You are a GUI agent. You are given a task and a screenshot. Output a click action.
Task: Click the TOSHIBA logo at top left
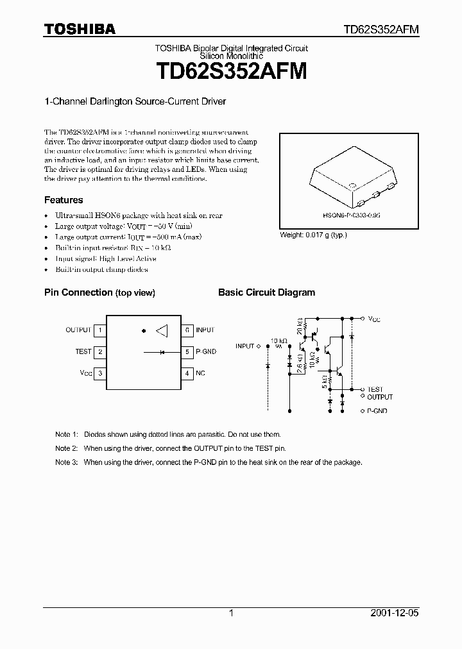[80, 29]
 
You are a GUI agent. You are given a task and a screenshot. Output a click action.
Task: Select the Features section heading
[64, 200]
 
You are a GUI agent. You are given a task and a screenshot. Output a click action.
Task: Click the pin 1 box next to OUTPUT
[99, 330]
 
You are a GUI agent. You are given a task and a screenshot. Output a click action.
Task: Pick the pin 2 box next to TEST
[99, 351]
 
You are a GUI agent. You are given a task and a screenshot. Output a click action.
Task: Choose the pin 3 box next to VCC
[99, 373]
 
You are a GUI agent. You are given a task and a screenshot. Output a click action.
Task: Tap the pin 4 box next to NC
[187, 373]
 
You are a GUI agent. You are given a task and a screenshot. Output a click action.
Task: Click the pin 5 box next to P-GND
[187, 351]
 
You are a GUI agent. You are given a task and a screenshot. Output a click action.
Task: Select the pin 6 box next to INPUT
[187, 330]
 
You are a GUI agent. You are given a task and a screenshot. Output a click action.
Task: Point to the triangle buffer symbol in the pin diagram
[162, 331]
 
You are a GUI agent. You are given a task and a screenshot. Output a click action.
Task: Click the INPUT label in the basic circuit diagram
[244, 346]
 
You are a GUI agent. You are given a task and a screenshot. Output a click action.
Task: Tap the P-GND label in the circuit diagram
[377, 410]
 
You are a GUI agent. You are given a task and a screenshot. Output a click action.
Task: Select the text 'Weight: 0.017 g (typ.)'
[313, 235]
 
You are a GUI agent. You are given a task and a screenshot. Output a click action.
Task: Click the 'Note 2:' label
[66, 448]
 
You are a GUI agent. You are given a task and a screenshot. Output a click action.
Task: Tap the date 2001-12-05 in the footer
[394, 613]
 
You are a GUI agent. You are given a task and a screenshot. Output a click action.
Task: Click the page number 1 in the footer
[231, 613]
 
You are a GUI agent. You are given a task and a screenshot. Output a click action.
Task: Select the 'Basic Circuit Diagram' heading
[266, 292]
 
